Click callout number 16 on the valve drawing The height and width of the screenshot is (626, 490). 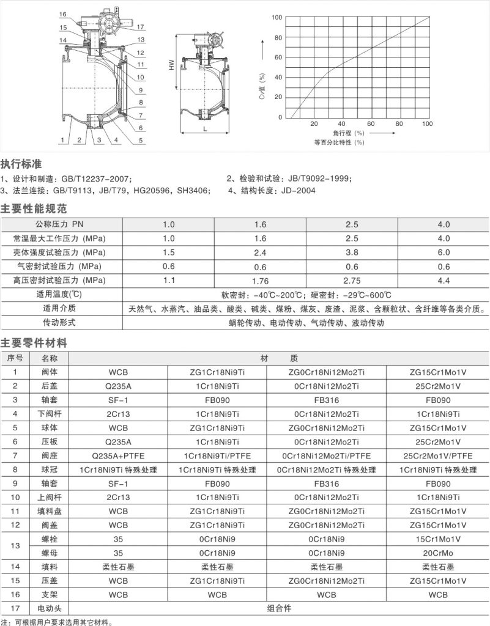coord(64,14)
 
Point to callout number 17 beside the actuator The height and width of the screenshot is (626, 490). coord(141,27)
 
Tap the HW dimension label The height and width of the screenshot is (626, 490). coord(172,67)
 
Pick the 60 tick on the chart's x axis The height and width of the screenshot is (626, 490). coord(371,123)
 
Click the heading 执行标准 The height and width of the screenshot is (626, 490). coord(21,164)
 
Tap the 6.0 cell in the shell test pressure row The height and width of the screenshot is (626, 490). coord(444,252)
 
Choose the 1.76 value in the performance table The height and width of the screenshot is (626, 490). coord(260,281)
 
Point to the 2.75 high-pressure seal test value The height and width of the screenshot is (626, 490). coord(352,281)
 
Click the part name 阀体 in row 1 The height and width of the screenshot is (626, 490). coord(50,372)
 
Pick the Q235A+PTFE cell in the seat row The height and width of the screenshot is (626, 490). coord(119,456)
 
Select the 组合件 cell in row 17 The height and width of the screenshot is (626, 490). coord(280,609)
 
